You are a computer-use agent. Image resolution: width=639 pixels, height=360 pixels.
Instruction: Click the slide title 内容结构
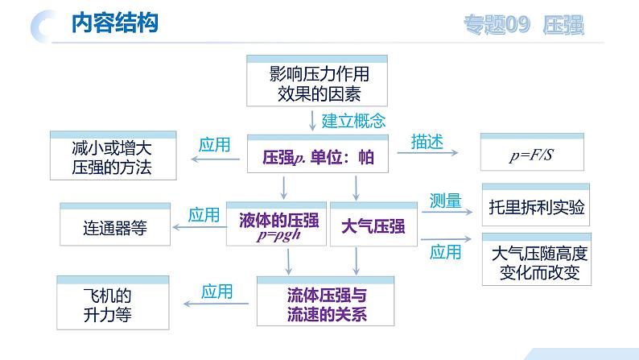(x=115, y=23)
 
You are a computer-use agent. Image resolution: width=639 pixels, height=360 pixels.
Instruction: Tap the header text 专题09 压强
(x=524, y=25)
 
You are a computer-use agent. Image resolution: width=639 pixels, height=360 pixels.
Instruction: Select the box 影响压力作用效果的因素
(x=317, y=81)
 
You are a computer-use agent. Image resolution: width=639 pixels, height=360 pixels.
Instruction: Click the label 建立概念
(x=353, y=121)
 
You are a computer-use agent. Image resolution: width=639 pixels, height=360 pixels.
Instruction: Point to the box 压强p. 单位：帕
(x=318, y=154)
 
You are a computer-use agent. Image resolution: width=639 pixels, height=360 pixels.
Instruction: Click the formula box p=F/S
(x=532, y=151)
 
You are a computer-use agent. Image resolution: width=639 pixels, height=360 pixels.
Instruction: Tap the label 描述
(x=427, y=142)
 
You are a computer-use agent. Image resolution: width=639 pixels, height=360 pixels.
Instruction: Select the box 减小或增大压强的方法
(x=113, y=155)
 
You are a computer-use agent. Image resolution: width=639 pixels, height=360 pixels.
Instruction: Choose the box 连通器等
(x=115, y=224)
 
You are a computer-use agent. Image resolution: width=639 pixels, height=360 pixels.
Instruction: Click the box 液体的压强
(x=276, y=224)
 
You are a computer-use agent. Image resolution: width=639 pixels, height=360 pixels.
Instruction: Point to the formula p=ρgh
(x=278, y=235)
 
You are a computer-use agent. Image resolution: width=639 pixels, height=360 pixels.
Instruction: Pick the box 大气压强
(x=373, y=224)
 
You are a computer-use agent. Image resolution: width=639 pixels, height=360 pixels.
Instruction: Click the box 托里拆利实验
(x=536, y=205)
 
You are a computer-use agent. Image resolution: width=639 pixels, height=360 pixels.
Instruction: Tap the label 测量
(x=445, y=201)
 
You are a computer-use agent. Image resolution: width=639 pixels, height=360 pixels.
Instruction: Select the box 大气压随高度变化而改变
(x=537, y=259)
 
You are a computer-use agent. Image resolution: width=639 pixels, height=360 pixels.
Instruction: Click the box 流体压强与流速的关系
(x=326, y=301)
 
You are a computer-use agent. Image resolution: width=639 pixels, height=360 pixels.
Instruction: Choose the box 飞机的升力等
(x=113, y=303)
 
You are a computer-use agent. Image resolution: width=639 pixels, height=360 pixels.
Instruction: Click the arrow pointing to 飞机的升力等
(x=216, y=304)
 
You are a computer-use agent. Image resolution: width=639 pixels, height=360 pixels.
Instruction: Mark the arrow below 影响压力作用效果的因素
(x=312, y=121)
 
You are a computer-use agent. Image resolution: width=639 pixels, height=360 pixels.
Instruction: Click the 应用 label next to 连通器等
(x=204, y=215)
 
